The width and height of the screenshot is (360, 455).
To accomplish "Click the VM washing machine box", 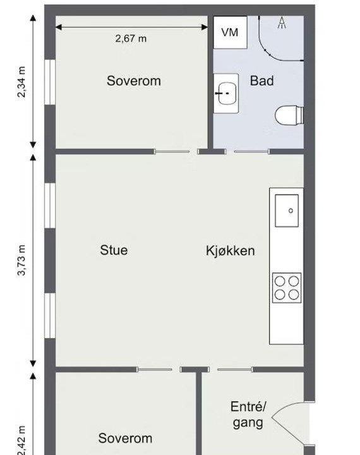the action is pos(231,32).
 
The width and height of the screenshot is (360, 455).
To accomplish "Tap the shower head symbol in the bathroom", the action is pos(282,23).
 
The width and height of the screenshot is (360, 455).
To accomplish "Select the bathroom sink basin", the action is pos(226,94).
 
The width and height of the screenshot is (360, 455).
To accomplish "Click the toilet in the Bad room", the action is pos(289,116).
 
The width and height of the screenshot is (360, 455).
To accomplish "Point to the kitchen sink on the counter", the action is pos(287,210).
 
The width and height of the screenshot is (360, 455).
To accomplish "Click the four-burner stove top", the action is pos(287,288).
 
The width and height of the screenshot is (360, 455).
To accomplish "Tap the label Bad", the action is pos(261,81).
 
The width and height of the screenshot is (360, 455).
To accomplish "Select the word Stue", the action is pos(114,250).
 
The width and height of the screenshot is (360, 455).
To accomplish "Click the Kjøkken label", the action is pos(231,251).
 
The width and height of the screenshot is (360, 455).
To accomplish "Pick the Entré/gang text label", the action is pos(248,415).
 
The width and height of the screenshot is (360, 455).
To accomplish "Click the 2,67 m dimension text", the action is pos(131,39).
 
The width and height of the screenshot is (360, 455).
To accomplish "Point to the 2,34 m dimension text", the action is pos(21,82).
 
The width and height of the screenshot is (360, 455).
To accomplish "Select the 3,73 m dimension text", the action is pos(21,260).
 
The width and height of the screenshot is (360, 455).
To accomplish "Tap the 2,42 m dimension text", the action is pos(21,440).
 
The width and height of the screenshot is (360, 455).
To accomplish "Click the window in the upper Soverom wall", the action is pos(50,82).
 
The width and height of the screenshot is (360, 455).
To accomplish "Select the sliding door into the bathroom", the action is pos(251,152).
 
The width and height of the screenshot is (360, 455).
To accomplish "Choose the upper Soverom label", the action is pos(134,81).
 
